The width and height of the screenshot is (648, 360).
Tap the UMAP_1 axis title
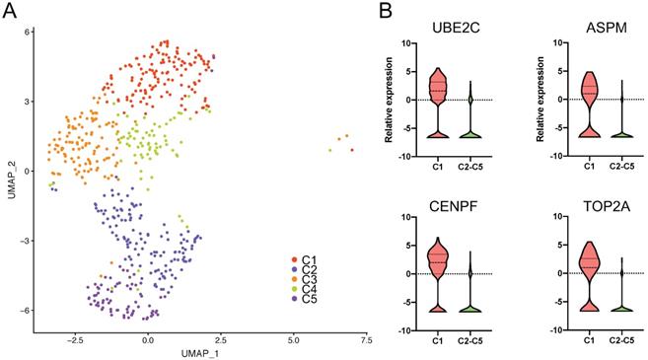(x=202, y=352)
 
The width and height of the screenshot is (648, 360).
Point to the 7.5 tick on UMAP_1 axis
(x=364, y=337)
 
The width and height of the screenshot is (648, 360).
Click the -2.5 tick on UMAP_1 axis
(x=74, y=337)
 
